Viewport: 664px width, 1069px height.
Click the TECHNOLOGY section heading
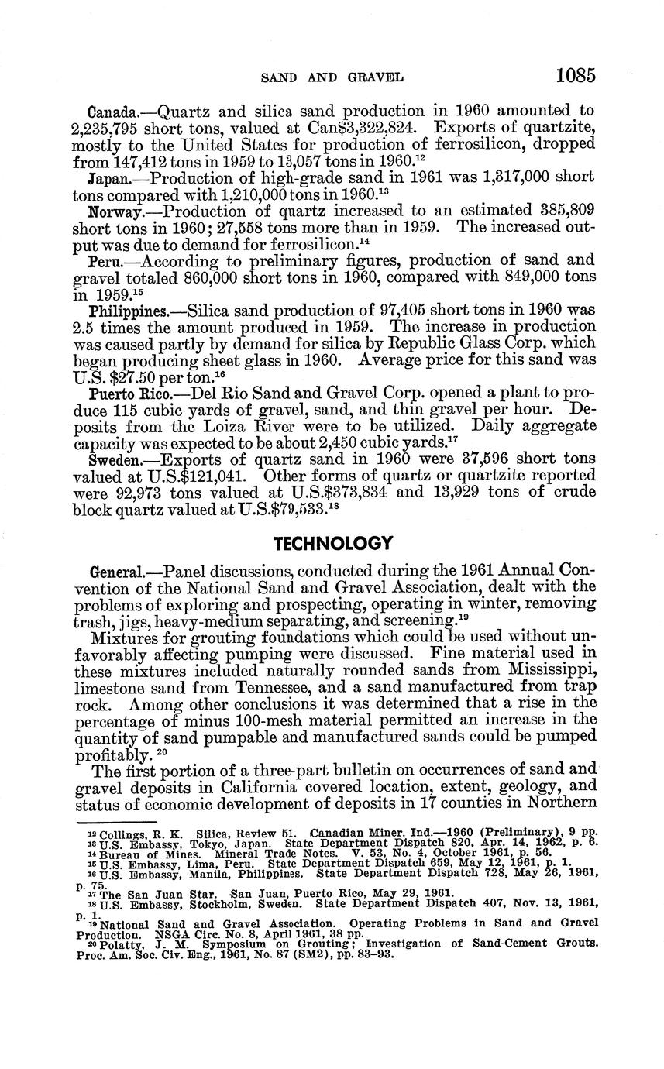tap(333, 543)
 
